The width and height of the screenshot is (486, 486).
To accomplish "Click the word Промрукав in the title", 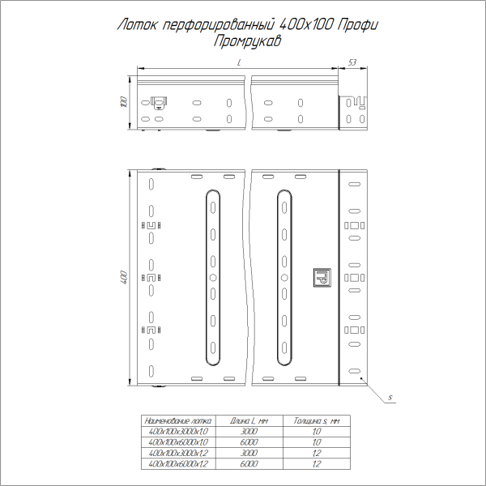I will (243, 41).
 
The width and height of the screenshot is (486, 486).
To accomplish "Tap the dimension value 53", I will (352, 62).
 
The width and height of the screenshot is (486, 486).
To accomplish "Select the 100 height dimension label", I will (123, 103).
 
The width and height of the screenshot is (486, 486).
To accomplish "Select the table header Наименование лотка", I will (177, 421).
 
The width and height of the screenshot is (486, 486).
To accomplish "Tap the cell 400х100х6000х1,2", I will (177, 465).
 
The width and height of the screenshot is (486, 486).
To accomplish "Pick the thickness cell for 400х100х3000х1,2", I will (318, 454).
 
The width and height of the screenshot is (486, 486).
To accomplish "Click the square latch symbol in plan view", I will (322, 277).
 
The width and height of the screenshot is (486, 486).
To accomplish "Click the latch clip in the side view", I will (159, 103).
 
